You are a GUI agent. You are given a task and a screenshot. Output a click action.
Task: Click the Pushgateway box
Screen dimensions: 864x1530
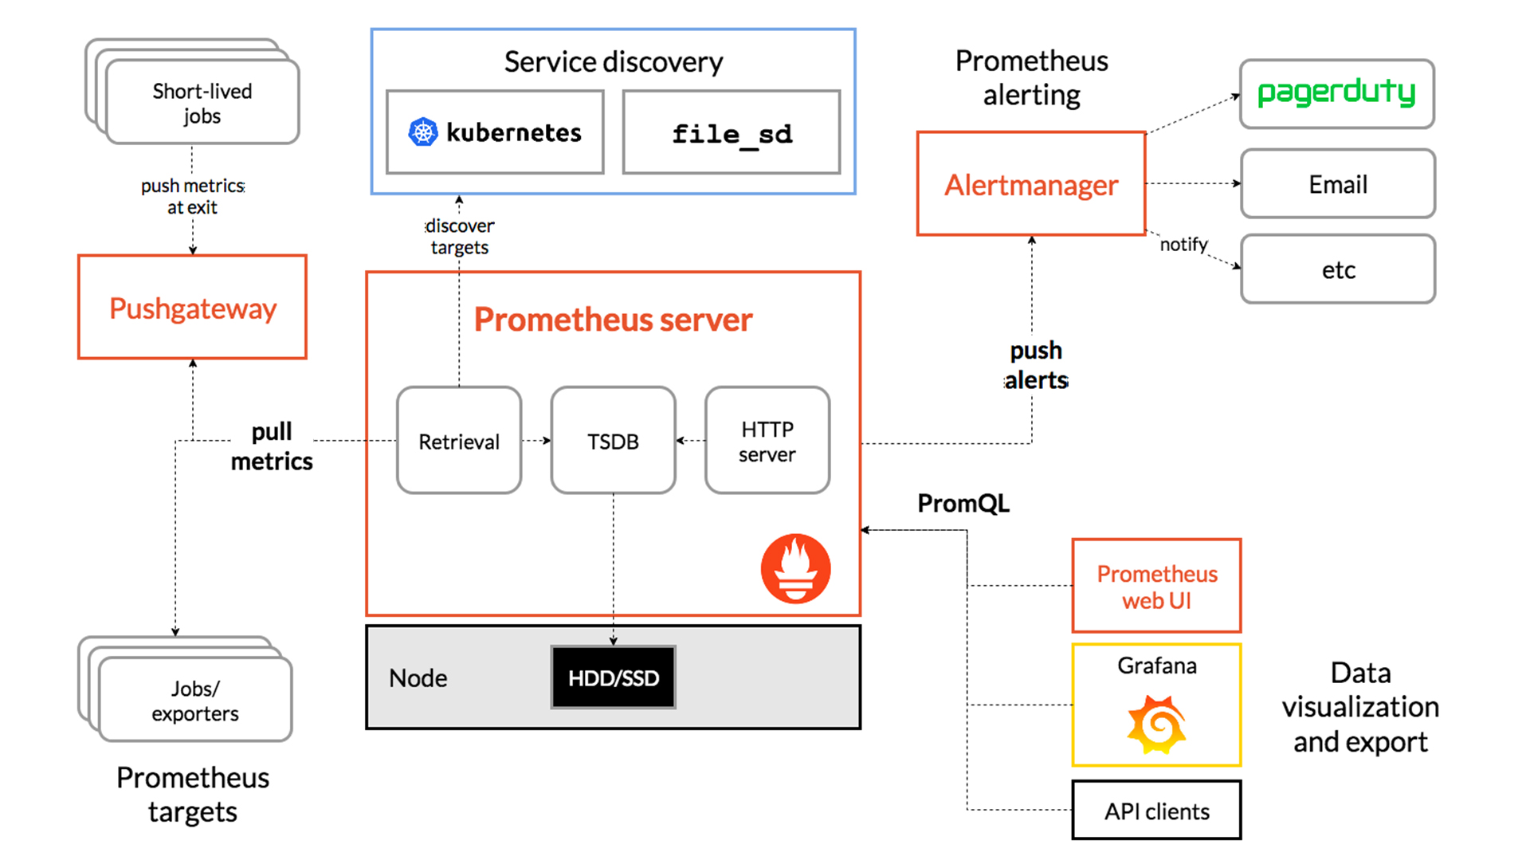(x=192, y=308)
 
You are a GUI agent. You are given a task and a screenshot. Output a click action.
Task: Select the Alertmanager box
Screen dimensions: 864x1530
(x=1031, y=184)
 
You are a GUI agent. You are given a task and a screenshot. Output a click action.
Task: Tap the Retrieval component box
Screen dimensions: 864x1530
(x=459, y=441)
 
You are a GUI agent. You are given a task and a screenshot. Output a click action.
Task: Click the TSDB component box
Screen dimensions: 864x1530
(x=613, y=441)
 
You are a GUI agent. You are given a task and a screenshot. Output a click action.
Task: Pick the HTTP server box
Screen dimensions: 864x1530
(x=767, y=441)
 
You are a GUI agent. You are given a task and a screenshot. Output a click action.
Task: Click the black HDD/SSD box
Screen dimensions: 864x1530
(x=613, y=677)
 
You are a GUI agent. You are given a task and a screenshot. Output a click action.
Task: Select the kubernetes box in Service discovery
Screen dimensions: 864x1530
(x=495, y=132)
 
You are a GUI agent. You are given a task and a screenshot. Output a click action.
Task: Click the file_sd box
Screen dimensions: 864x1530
(x=732, y=132)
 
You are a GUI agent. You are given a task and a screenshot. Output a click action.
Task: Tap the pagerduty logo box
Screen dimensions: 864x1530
(x=1337, y=94)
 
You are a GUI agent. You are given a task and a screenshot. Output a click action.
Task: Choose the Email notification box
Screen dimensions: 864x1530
(x=1338, y=184)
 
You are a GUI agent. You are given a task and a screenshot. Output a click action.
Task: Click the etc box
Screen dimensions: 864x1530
(x=1338, y=269)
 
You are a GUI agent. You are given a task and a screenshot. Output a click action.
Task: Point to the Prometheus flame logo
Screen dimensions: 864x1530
(x=795, y=568)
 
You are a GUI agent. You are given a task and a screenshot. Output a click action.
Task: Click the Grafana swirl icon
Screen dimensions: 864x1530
(x=1156, y=724)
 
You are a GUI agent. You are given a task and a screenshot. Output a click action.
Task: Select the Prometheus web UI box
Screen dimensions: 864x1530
(x=1156, y=586)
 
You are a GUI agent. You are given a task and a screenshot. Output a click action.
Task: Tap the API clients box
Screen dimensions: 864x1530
(x=1156, y=811)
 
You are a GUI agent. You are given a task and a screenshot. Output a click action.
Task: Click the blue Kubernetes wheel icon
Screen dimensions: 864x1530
(x=423, y=132)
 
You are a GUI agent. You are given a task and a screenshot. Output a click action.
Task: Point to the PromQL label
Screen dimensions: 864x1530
(x=963, y=503)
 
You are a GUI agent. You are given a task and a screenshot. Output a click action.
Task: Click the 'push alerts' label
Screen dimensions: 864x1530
(x=1035, y=365)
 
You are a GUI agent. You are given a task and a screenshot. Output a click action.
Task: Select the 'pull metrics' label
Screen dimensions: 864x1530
(x=272, y=446)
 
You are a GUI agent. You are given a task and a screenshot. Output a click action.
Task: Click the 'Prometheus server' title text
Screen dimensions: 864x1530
(x=613, y=320)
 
